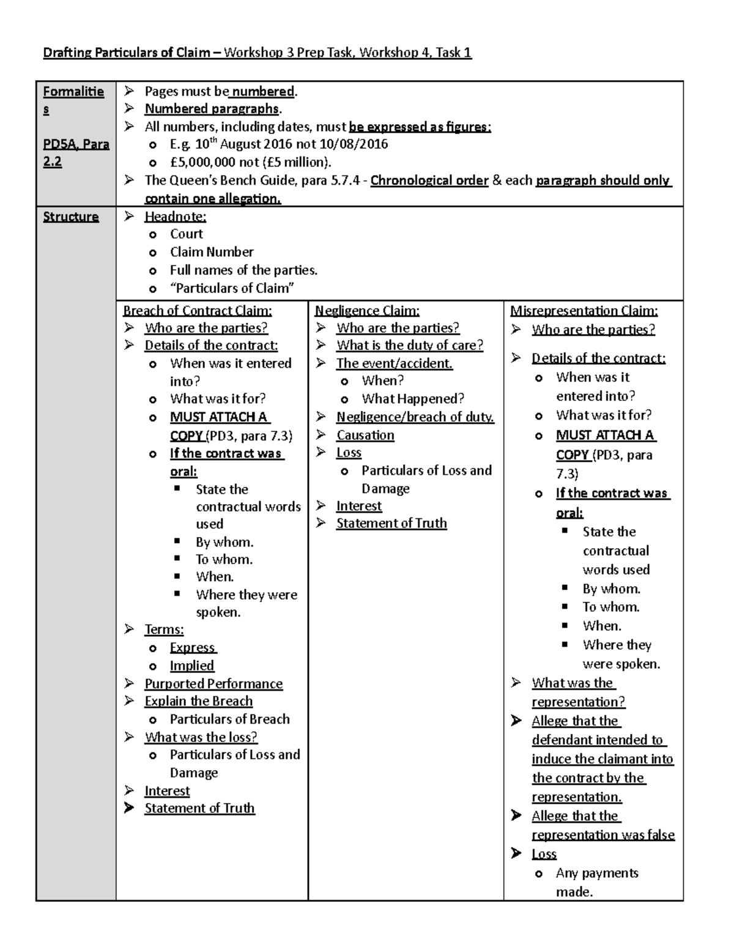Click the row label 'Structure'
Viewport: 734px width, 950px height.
[70, 217]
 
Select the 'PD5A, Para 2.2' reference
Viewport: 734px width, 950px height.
[76, 153]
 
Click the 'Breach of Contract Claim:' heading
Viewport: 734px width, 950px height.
[198, 311]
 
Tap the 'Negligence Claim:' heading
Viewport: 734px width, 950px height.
[367, 311]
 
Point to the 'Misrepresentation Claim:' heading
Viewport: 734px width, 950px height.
[584, 311]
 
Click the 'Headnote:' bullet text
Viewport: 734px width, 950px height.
[175, 217]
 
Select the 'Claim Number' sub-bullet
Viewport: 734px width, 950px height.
[212, 252]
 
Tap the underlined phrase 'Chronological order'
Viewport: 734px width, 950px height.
[429, 180]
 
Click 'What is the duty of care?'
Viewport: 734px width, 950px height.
[409, 345]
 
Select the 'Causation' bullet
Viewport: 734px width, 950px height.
[365, 435]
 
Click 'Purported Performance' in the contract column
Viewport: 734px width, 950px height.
[213, 683]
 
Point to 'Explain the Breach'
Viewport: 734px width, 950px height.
[198, 701]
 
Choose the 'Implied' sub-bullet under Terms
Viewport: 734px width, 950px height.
[192, 666]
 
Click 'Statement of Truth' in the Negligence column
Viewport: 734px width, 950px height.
[391, 523]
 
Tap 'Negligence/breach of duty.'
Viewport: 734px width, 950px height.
[415, 417]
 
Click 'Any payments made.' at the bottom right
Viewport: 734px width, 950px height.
[596, 882]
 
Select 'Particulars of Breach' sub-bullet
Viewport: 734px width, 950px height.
[229, 719]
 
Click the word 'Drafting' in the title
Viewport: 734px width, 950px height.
[65, 53]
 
